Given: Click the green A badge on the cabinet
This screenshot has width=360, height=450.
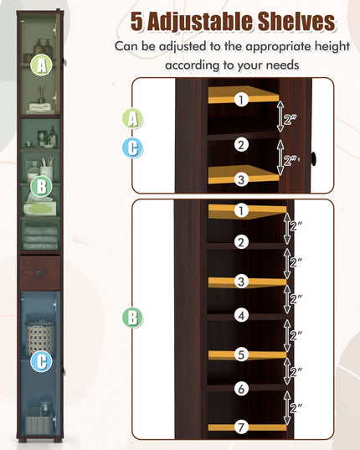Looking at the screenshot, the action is pyautogui.click(x=42, y=65).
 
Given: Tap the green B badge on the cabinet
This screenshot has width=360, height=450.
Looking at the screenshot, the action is pyautogui.click(x=42, y=187).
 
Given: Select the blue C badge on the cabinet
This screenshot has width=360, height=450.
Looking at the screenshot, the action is pyautogui.click(x=42, y=361).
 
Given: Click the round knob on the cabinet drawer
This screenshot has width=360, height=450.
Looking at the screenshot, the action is pyautogui.click(x=39, y=273).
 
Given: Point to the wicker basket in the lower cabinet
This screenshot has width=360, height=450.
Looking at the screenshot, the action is pyautogui.click(x=40, y=338).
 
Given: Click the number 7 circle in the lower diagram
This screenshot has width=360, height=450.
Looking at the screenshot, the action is pyautogui.click(x=241, y=427).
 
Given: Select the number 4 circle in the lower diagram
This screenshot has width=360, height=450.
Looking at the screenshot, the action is pyautogui.click(x=241, y=315).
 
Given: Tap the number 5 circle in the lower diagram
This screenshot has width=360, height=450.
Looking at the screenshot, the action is pyautogui.click(x=241, y=354).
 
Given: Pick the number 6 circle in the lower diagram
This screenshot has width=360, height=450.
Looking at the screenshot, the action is pyautogui.click(x=241, y=389).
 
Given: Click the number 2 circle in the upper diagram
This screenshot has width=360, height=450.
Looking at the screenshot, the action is pyautogui.click(x=241, y=145).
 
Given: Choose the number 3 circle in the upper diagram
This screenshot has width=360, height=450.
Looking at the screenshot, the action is pyautogui.click(x=241, y=179).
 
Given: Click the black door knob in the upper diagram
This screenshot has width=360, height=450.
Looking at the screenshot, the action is pyautogui.click(x=314, y=158).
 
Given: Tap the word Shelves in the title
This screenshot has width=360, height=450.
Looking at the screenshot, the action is pyautogui.click(x=296, y=22).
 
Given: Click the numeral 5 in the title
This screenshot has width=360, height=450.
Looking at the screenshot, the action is pyautogui.click(x=137, y=22).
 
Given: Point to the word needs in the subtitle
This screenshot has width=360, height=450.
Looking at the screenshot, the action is pyautogui.click(x=283, y=65).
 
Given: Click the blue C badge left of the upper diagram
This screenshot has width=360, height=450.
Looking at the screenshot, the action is pyautogui.click(x=133, y=148).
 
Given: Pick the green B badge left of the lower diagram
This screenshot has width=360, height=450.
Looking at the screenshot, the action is pyautogui.click(x=133, y=318).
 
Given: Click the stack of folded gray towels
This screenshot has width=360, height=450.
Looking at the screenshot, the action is pyautogui.click(x=40, y=237).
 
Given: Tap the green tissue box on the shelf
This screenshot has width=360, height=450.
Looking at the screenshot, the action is pyautogui.click(x=40, y=209).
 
